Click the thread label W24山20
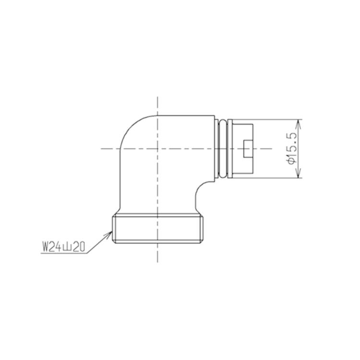click(63, 247)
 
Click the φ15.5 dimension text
click(291, 149)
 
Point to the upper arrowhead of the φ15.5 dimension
click(298, 123)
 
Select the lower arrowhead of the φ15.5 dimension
click(298, 174)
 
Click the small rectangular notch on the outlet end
click(248, 148)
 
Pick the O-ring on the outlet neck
click(223, 148)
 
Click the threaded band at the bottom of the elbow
click(158, 228)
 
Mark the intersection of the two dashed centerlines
click(157, 148)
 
